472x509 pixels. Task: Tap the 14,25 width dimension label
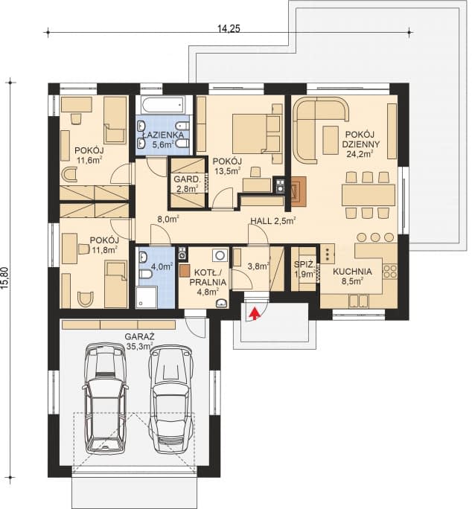(233, 28)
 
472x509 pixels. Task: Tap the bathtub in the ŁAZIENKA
(164, 105)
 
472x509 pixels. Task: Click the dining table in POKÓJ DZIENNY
(368, 195)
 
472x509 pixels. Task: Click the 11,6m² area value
(88, 159)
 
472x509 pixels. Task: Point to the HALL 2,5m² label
(272, 220)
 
